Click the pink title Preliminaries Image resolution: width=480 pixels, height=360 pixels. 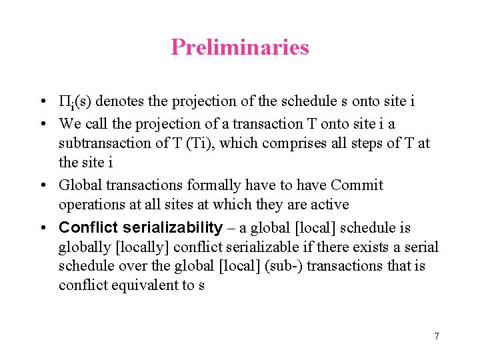pos(240,47)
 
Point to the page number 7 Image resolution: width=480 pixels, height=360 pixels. pos(437,336)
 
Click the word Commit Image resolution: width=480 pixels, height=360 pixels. pos(357,185)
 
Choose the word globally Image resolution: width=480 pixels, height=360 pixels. pos(85,247)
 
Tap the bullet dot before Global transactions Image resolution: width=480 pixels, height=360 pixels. pos(42,185)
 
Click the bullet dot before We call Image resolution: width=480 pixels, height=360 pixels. pos(42,124)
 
